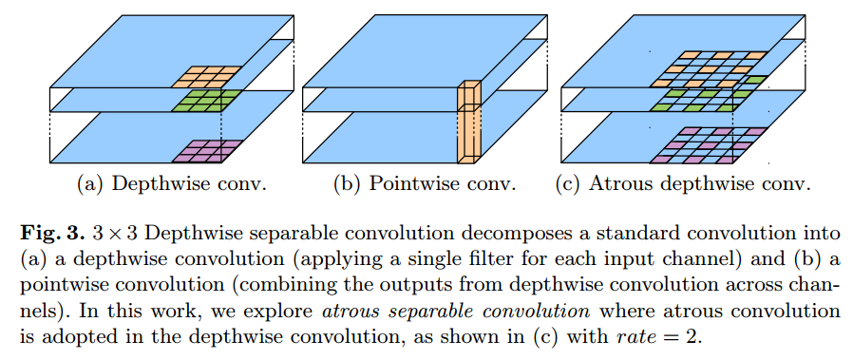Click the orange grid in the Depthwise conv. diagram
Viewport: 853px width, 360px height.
point(209,74)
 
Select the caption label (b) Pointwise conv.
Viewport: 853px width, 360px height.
point(425,183)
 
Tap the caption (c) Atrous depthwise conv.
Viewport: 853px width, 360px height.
point(682,183)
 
